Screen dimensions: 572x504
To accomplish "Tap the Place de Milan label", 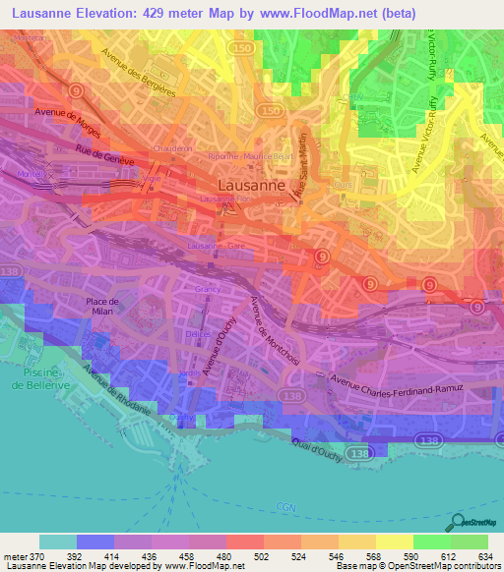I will tap(102, 307).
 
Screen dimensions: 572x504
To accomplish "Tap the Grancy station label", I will tap(208, 290).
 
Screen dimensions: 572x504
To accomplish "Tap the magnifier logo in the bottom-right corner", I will tap(459, 523).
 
